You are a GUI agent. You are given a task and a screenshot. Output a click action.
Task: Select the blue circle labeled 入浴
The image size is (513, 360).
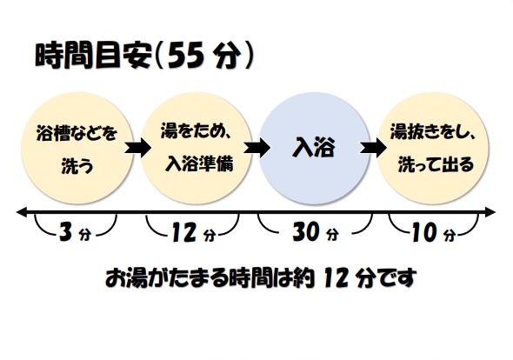point(314,148)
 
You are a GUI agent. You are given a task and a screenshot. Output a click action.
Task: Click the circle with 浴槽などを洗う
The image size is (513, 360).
point(77,148)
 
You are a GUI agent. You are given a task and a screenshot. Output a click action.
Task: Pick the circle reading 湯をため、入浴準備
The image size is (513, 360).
point(197,148)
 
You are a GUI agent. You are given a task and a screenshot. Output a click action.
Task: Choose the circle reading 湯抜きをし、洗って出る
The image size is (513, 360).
point(433,148)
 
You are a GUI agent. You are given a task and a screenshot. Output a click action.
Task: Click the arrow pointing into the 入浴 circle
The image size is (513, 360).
point(256,148)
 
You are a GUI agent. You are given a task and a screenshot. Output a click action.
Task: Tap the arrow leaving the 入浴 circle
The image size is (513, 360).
point(373,148)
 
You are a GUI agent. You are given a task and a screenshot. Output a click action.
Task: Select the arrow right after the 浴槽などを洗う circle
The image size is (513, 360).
point(137,148)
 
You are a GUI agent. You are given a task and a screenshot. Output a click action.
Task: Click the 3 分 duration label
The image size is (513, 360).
point(75,231)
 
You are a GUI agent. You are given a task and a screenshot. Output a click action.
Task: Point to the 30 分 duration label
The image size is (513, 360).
point(316,231)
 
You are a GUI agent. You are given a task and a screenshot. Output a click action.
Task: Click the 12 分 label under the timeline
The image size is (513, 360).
point(194,232)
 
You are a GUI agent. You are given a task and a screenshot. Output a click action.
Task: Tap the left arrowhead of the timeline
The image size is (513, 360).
point(22,213)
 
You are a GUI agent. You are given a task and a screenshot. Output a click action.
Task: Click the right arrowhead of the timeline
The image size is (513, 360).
point(490,212)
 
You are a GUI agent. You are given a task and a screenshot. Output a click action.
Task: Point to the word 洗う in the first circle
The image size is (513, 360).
point(77,165)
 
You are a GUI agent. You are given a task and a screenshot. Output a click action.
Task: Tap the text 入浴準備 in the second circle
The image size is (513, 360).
point(199,163)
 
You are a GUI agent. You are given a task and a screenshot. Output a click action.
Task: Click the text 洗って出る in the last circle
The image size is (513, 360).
point(436,164)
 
